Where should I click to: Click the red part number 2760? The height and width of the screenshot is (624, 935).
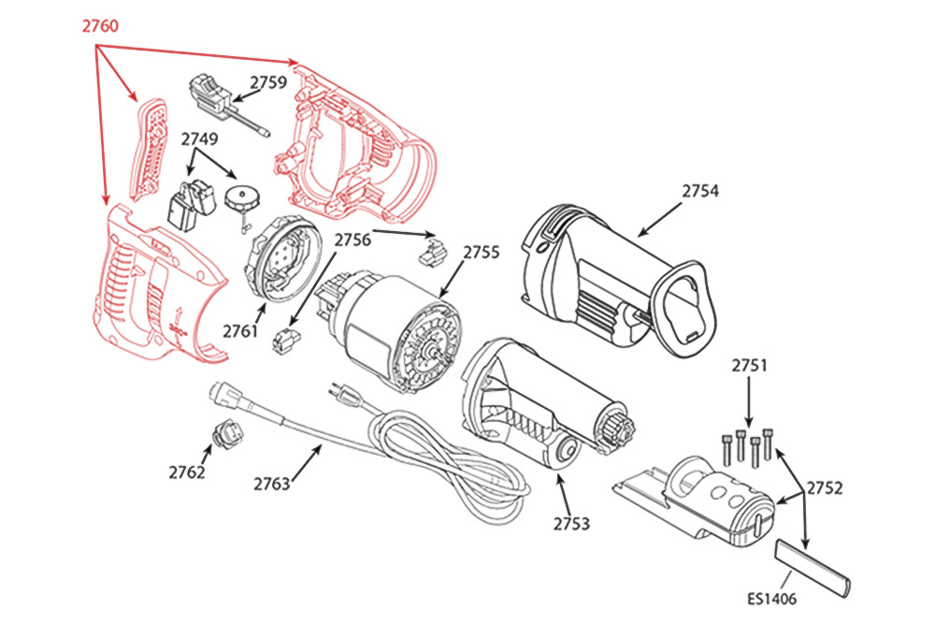99,26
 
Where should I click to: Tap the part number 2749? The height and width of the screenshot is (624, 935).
199,139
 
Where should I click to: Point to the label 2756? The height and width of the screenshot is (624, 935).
353,239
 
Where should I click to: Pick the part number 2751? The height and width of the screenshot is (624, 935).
749,366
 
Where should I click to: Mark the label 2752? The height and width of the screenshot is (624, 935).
825,487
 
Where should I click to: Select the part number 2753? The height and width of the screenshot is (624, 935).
571,523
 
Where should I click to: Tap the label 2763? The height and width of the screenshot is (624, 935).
271,484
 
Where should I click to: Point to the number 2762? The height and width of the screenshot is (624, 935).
187,472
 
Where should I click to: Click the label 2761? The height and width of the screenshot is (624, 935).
240,330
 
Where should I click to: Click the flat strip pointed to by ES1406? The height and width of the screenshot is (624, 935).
812,567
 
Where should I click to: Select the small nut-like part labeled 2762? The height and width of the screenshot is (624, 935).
227,433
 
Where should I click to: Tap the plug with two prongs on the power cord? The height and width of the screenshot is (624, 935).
346,397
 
